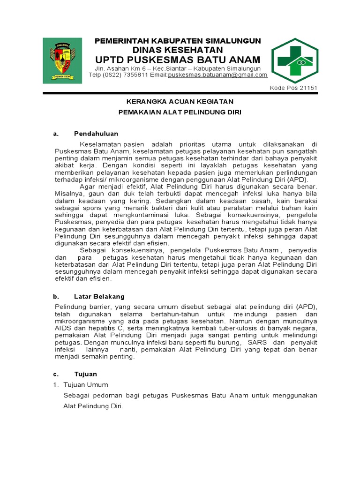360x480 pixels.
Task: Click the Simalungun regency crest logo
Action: [x=62, y=61]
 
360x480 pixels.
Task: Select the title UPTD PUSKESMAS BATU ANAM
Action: [x=178, y=60]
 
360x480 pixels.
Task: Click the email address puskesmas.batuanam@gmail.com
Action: [x=217, y=75]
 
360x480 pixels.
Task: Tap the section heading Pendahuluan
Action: [x=96, y=134]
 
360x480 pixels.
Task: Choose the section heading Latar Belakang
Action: [x=99, y=297]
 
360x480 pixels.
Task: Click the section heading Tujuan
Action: [x=85, y=374]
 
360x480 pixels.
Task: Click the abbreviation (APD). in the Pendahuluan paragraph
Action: [x=299, y=180]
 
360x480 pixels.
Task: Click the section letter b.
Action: [x=56, y=297]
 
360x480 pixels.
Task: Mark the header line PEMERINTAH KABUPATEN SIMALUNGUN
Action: [x=178, y=41]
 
